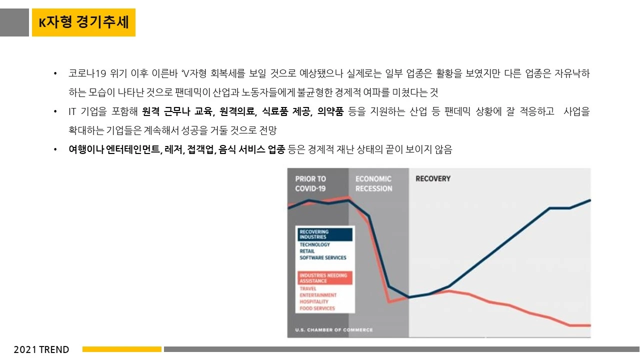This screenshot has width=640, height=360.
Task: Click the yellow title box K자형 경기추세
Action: [83, 22]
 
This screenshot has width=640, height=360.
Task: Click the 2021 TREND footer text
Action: [41, 349]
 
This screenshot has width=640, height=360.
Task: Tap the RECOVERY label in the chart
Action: [433, 179]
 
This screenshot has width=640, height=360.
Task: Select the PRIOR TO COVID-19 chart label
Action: [310, 183]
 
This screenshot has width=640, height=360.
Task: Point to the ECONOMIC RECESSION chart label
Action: [373, 183]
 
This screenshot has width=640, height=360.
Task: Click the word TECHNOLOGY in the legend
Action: [315, 245]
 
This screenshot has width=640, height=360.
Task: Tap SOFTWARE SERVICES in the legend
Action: [323, 258]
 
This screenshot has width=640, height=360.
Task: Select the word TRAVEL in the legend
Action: [308, 289]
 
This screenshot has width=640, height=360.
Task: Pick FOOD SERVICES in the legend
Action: [317, 308]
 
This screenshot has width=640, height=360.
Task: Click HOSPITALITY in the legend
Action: [314, 302]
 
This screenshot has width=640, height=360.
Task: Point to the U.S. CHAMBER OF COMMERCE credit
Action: [334, 330]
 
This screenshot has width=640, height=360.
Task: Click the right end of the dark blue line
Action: [590, 200]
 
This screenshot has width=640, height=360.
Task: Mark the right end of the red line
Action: [590, 325]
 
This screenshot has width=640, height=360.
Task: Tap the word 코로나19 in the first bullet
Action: [88, 74]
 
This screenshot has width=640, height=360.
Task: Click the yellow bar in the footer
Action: [122, 349]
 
